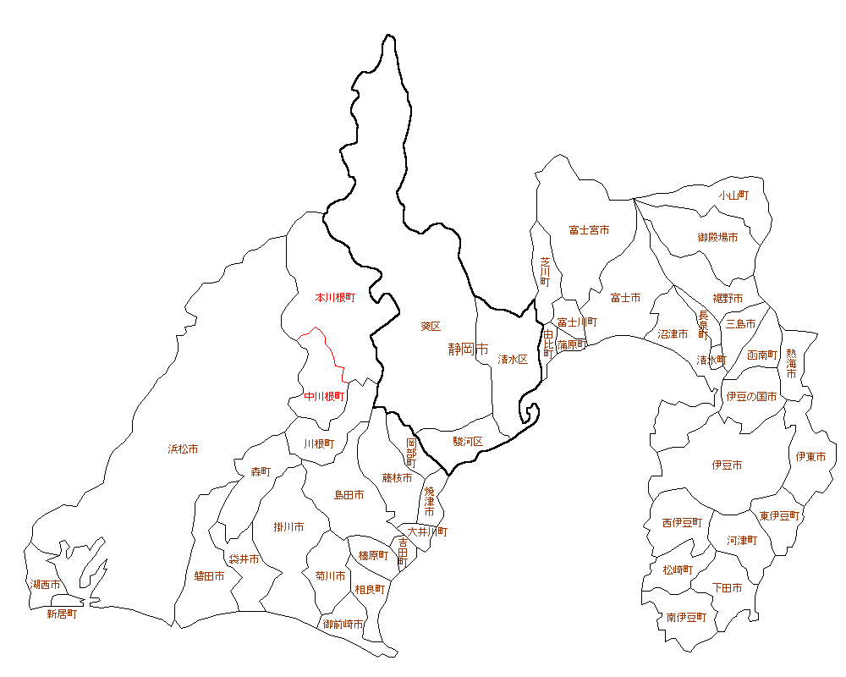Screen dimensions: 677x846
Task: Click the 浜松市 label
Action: tap(183, 449)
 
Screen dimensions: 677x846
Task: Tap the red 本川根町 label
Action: tap(335, 298)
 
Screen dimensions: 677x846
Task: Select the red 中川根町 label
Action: tap(325, 395)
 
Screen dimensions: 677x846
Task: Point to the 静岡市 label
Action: tap(469, 349)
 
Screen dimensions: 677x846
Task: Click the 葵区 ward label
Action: tap(431, 326)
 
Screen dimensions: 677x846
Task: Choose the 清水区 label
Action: tap(513, 359)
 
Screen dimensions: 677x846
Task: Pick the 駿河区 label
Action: tap(467, 441)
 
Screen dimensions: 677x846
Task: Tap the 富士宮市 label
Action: tap(589, 230)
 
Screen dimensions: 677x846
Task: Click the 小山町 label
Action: tap(733, 195)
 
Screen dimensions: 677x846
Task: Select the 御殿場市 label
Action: tap(717, 238)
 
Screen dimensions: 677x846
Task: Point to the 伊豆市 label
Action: tap(727, 465)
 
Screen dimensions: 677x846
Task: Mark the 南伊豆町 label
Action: tap(685, 617)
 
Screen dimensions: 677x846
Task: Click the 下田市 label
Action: tap(727, 587)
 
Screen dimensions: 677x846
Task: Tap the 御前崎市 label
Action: tap(343, 624)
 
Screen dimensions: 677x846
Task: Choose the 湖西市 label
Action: tap(46, 585)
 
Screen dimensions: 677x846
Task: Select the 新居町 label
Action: tap(62, 614)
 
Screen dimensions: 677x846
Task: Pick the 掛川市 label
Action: tap(288, 527)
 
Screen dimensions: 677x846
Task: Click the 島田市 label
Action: tap(349, 494)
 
